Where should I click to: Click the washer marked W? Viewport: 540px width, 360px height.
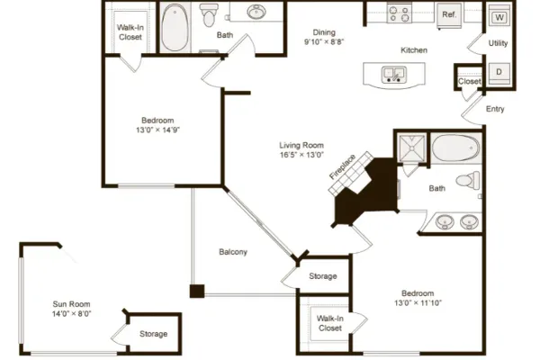499,16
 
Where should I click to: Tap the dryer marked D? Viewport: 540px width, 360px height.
499,73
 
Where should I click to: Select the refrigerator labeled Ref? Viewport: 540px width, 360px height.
449,15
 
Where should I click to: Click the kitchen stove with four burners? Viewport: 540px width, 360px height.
400,13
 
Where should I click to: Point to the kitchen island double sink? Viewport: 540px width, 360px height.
394,75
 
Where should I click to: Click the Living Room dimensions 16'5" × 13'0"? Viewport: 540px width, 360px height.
301,155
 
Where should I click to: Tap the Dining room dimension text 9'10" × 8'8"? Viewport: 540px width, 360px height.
324,41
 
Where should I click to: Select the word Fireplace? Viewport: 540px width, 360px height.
342,167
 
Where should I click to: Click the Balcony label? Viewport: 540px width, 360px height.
233,252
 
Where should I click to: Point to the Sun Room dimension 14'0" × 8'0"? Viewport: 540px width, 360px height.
72,313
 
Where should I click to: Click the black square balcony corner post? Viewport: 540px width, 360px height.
197,291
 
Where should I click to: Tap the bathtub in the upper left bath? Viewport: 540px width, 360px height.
175,28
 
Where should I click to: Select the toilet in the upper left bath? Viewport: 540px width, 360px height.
209,15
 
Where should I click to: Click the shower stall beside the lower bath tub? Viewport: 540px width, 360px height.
411,148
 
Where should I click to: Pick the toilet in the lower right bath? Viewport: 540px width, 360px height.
468,180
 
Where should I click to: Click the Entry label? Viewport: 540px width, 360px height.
495,109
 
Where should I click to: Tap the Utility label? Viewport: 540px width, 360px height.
498,43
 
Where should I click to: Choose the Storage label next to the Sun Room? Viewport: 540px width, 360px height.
154,334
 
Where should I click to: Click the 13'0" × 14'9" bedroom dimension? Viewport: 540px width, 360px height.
157,130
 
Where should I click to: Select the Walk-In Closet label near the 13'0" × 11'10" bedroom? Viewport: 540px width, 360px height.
330,323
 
